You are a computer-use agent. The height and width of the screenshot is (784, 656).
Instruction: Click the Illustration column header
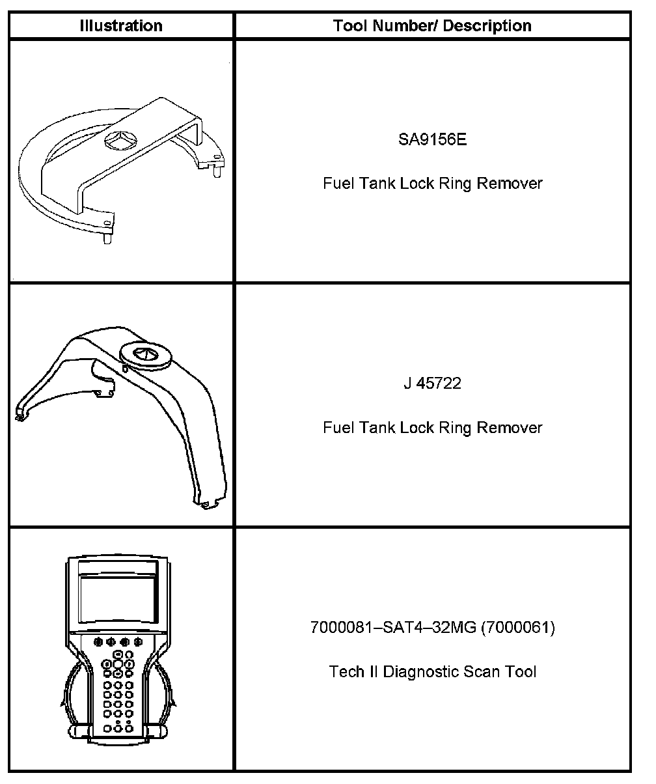click(x=121, y=26)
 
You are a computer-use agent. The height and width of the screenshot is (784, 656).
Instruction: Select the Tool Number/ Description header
click(x=432, y=26)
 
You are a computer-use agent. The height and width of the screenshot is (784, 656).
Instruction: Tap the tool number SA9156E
click(x=432, y=140)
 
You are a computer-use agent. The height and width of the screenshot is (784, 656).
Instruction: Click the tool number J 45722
click(x=432, y=384)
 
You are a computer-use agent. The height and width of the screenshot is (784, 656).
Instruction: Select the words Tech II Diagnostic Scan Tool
click(x=432, y=671)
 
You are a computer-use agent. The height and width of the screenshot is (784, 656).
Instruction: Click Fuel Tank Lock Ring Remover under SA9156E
click(x=432, y=183)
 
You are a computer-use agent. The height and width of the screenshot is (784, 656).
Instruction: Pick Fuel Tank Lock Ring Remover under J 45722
click(x=432, y=427)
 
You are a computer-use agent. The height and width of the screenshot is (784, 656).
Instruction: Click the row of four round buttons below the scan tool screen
click(x=118, y=642)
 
